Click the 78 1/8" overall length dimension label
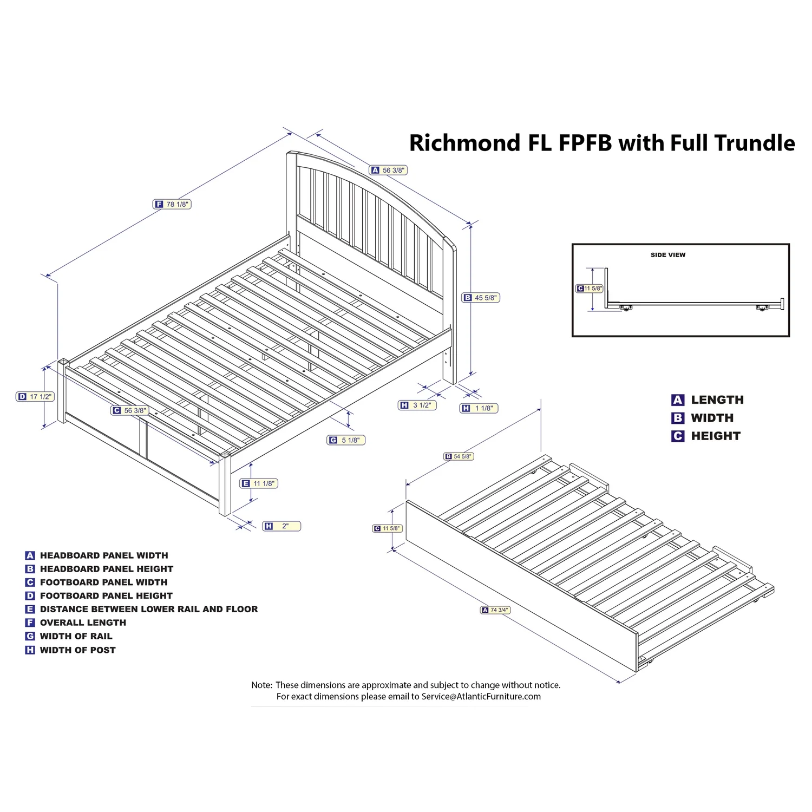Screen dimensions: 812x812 [x=172, y=204]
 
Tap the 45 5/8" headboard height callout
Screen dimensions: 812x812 [x=481, y=298]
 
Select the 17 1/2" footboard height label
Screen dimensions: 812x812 [x=35, y=397]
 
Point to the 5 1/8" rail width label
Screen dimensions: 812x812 [x=346, y=440]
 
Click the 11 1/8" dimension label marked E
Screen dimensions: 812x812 [x=259, y=483]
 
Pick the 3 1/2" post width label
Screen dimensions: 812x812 [x=417, y=405]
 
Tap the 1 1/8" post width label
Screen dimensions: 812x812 [x=479, y=408]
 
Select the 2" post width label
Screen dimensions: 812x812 [x=281, y=526]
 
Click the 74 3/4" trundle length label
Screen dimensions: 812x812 [x=495, y=610]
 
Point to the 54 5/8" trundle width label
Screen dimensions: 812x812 [x=459, y=456]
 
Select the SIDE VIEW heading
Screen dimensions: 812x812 [x=667, y=255]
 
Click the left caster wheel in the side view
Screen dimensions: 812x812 [x=626, y=308]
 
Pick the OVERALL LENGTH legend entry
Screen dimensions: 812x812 [x=83, y=623]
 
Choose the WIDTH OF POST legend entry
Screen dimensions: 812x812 [x=77, y=650]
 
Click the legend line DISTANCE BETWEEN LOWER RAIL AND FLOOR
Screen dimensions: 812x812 [x=148, y=609]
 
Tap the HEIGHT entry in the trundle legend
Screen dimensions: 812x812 [x=715, y=436]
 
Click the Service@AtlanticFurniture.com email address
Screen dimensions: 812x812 [x=481, y=697]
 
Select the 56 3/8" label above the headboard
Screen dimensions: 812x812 [x=389, y=170]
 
